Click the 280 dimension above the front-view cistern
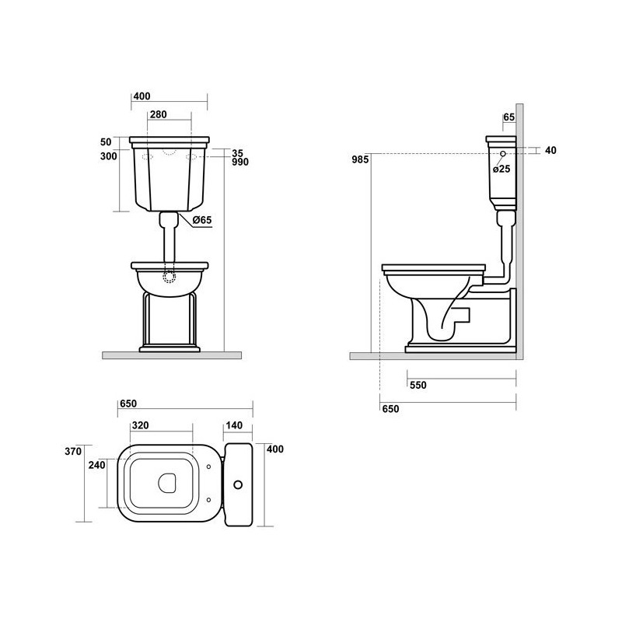pos(159,114)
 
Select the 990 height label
pos(240,162)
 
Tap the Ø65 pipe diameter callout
pos(202,220)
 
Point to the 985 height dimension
pos(360,159)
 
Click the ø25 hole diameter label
pos(501,169)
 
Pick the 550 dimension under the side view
pos(418,385)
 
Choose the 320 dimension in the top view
pos(141,425)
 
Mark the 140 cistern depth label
pos(234,425)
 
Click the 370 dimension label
pos(73,451)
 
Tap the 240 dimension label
pos(96,465)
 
